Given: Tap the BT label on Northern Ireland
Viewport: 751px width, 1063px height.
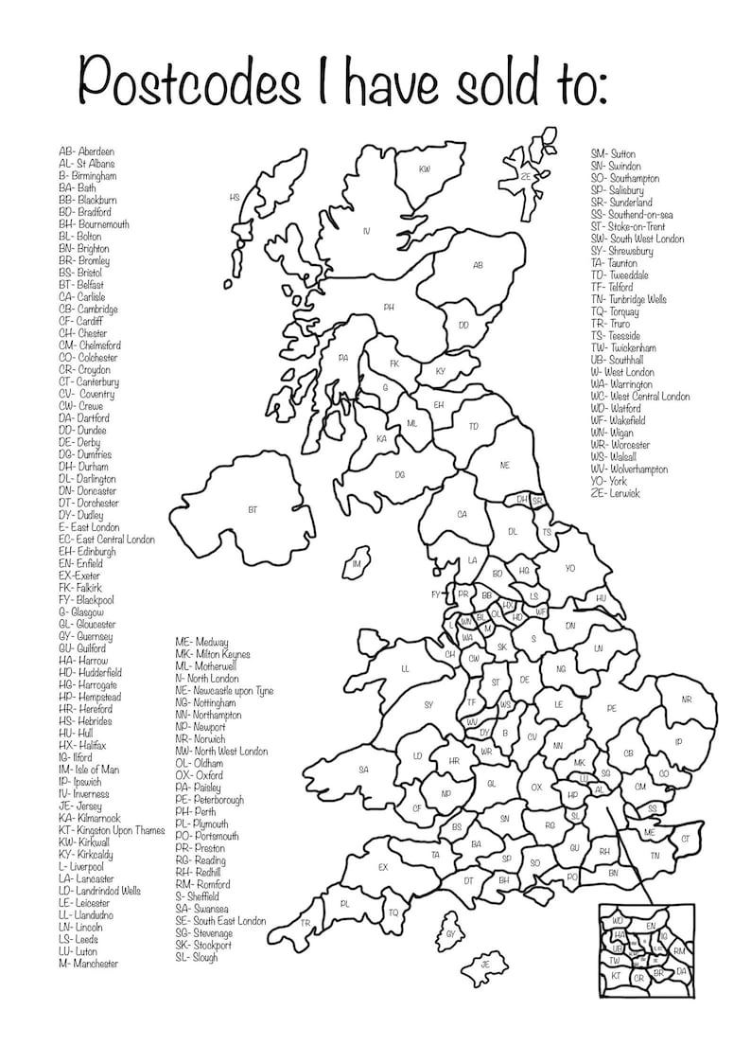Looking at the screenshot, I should [x=253, y=510].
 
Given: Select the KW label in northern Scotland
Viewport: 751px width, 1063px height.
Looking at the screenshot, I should [x=426, y=169].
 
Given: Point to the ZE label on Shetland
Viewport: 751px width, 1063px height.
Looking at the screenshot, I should [x=525, y=176].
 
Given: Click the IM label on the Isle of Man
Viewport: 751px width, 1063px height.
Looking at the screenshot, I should [x=357, y=565].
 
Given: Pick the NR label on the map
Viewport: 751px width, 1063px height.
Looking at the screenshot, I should [x=687, y=700].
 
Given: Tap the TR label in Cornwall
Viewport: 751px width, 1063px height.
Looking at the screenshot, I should [x=306, y=922].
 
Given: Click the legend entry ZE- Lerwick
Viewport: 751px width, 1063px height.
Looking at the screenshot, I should [x=615, y=494].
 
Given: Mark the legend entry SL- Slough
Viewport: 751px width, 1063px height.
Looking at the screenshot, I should [x=196, y=957].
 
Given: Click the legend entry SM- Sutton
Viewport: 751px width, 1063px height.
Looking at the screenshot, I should [x=613, y=153].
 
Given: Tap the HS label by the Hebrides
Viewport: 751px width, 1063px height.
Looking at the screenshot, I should [x=235, y=198].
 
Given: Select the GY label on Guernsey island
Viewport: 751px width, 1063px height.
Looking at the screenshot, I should [x=450, y=934].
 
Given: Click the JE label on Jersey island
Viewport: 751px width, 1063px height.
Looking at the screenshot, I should [x=485, y=965].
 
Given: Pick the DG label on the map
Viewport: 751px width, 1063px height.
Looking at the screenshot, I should [x=399, y=474].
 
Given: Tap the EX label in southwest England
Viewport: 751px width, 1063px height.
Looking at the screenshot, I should [x=383, y=867].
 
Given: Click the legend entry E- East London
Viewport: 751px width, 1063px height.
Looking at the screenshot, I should [x=89, y=527].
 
